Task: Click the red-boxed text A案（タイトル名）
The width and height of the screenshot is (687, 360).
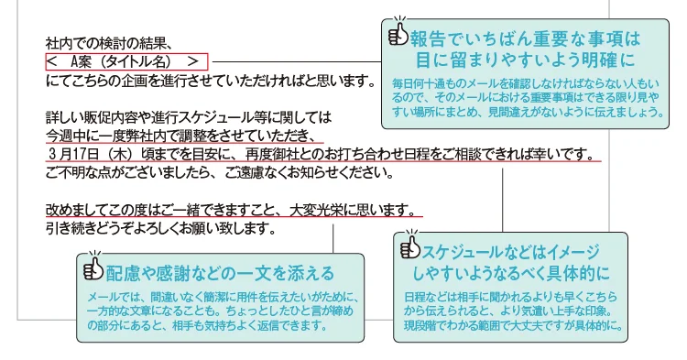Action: pyautogui.click(x=126, y=61)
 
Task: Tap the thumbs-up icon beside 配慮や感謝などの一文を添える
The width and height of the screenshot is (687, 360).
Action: pyautogui.click(x=93, y=271)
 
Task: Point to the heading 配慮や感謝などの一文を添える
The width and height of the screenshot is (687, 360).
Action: pyautogui.click(x=220, y=273)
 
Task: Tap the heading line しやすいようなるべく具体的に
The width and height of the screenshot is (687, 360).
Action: pyautogui.click(x=518, y=273)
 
